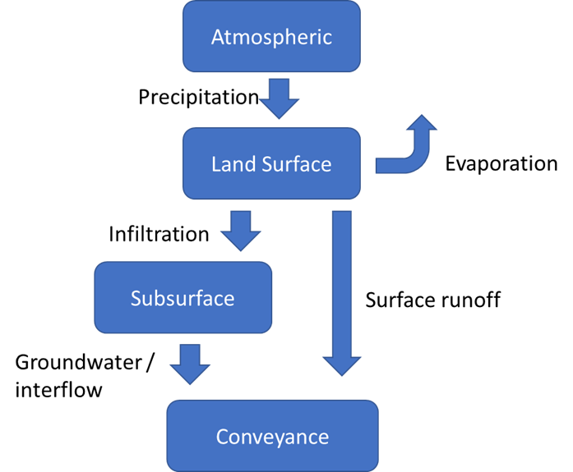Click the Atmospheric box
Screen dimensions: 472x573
271,37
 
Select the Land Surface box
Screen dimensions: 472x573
271,163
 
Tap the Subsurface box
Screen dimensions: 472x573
183,297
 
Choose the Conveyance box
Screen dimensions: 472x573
272,436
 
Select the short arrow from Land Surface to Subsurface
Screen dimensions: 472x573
241,231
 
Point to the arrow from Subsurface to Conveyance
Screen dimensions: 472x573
189,364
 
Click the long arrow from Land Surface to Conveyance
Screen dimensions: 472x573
341,287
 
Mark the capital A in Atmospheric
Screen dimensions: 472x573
218,38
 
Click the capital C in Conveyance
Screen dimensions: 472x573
222,437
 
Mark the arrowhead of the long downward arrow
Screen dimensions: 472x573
341,364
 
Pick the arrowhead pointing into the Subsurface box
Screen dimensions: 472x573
241,240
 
